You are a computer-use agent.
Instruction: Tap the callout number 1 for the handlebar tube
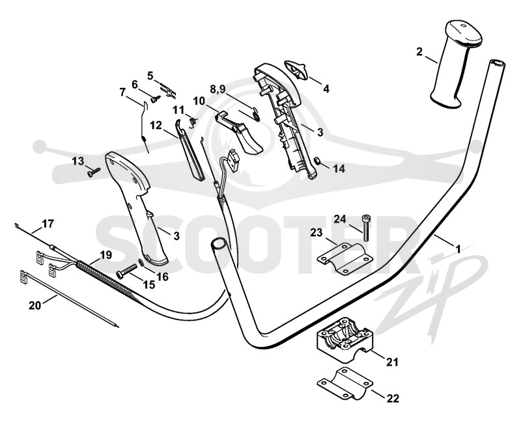click(458, 249)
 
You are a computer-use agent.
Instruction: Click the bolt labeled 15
click(126, 270)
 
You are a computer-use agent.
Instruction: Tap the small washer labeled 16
click(141, 262)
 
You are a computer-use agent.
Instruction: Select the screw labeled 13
click(94, 172)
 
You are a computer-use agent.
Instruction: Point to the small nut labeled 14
click(317, 161)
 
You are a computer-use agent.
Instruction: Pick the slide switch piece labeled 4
click(296, 70)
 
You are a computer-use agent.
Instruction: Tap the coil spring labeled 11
click(192, 121)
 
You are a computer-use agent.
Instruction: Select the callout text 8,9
click(218, 89)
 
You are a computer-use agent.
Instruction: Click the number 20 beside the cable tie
click(35, 305)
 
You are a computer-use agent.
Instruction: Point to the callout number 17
click(48, 224)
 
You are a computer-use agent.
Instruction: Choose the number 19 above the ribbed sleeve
click(106, 255)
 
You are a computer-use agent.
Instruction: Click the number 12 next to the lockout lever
click(156, 126)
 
